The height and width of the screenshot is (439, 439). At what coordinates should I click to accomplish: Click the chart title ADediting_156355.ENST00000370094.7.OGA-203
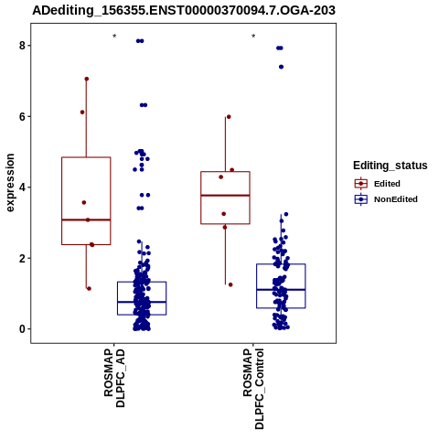pyautogui.click(x=184, y=10)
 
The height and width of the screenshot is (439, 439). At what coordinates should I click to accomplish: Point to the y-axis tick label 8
pyautogui.click(x=22, y=46)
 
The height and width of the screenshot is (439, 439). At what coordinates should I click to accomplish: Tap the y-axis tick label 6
pyautogui.click(x=22, y=116)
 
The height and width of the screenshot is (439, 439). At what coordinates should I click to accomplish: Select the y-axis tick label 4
pyautogui.click(x=22, y=187)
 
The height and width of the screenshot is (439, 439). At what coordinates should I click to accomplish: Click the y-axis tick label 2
pyautogui.click(x=22, y=258)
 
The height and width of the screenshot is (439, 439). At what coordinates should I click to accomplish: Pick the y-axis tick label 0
pyautogui.click(x=22, y=329)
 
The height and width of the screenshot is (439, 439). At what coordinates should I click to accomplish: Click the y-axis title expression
pyautogui.click(x=10, y=183)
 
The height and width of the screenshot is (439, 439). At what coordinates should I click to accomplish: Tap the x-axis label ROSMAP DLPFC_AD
pyautogui.click(x=114, y=378)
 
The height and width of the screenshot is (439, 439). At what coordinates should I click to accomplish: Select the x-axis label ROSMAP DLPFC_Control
pyautogui.click(x=253, y=389)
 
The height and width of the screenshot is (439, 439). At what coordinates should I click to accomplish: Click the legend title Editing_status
pyautogui.click(x=391, y=166)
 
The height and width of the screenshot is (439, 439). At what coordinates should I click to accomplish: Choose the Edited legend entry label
pyautogui.click(x=387, y=184)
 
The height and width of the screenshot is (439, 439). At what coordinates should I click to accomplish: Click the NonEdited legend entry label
pyautogui.click(x=396, y=199)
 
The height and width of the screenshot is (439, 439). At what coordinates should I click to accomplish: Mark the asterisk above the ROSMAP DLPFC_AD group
pyautogui.click(x=114, y=37)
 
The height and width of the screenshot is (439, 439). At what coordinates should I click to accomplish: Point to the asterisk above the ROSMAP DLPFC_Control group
pyautogui.click(x=253, y=37)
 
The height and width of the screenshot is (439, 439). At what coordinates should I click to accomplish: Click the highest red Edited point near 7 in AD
pyautogui.click(x=87, y=79)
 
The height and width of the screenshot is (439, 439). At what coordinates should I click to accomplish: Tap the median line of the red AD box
pyautogui.click(x=86, y=219)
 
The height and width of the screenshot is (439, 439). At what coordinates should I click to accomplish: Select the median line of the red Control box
pyautogui.click(x=225, y=195)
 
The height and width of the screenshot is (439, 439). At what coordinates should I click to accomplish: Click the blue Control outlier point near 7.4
pyautogui.click(x=281, y=67)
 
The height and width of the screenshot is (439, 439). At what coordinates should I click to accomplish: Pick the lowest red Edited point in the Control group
pyautogui.click(x=230, y=284)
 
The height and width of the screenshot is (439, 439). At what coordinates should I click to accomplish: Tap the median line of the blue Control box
pyautogui.click(x=281, y=290)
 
